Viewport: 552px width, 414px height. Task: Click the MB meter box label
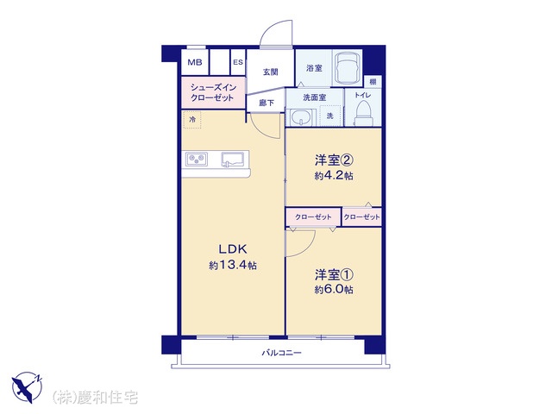195,63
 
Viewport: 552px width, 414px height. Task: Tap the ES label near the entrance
238,62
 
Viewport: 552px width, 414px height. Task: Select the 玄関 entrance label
270,72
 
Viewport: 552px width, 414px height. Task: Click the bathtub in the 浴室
348,68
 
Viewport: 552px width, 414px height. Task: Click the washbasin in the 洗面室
301,116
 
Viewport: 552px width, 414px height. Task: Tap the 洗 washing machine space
329,116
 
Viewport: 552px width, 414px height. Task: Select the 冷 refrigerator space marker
192,120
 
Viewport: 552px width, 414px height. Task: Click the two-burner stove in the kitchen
197,159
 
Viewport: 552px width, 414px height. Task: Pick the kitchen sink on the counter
234,159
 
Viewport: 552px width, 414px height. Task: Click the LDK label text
233,249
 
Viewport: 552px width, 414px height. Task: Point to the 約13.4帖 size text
233,265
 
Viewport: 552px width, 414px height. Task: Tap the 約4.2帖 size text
334,176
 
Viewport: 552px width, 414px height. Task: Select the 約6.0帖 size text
334,290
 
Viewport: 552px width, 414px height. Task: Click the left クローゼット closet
313,216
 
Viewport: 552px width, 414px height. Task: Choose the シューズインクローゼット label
212,92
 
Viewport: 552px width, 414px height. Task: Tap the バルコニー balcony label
282,353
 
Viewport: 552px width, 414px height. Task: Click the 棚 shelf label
373,82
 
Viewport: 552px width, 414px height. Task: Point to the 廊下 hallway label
267,103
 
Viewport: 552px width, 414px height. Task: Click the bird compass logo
27,387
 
